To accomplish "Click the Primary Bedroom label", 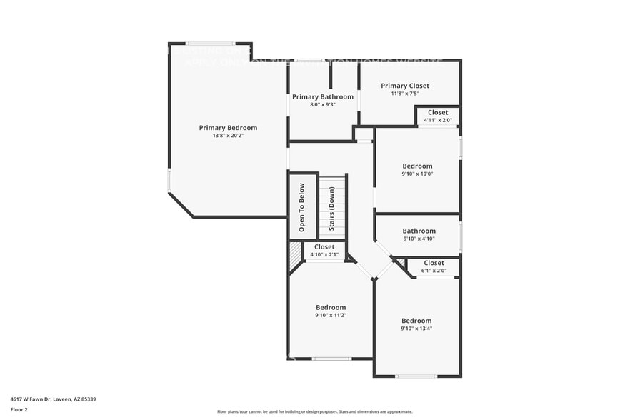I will (x=228, y=128).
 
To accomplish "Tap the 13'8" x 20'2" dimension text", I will (x=228, y=136).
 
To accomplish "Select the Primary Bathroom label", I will (x=322, y=96).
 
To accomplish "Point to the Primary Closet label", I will (x=405, y=86).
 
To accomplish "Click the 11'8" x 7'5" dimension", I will (x=405, y=94).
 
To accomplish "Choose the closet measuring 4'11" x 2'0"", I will (x=438, y=112).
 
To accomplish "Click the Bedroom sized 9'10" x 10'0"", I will (x=417, y=166).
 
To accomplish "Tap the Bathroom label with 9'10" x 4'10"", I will (x=419, y=231).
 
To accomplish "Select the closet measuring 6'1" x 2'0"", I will (x=434, y=263).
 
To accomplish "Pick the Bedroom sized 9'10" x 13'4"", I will (x=416, y=321).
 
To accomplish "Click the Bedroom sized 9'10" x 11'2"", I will (x=331, y=307).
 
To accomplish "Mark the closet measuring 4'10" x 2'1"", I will (x=324, y=247).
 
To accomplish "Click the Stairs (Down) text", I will (x=331, y=209).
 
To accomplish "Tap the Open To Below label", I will (x=301, y=208).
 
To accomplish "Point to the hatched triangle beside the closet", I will (x=295, y=254).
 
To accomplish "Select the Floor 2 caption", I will (x=19, y=409).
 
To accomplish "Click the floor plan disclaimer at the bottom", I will (x=314, y=411).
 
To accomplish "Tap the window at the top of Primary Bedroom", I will (x=211, y=44).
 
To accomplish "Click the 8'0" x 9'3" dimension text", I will (x=322, y=104).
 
